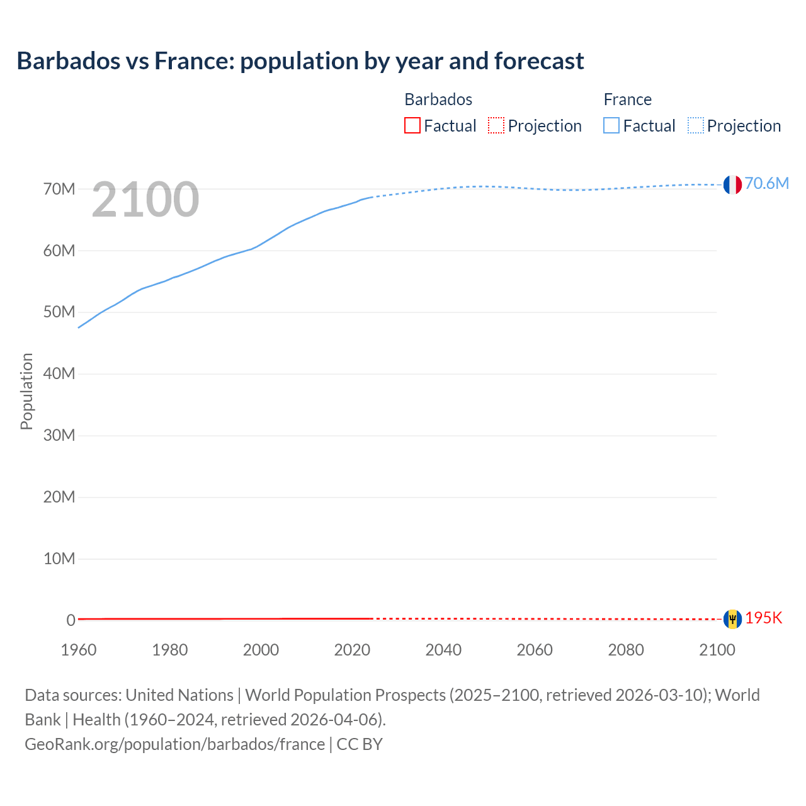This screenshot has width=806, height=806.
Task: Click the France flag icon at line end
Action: click(732, 184)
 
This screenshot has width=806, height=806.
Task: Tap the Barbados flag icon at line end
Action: click(732, 619)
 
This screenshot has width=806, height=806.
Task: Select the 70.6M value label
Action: click(766, 183)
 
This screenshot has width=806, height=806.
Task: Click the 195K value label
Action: click(763, 618)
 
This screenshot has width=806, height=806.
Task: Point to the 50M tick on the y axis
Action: click(59, 312)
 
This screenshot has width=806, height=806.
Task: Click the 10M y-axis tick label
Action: click(59, 559)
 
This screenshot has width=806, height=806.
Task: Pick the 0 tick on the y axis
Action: click(71, 620)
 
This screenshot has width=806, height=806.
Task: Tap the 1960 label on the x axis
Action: click(79, 650)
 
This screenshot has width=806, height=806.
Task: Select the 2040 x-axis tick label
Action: click(443, 650)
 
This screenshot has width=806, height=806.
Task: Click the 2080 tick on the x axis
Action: click(626, 650)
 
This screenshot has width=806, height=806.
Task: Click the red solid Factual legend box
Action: click(412, 125)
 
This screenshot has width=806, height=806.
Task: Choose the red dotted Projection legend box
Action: click(496, 125)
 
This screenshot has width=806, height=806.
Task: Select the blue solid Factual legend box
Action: click(611, 125)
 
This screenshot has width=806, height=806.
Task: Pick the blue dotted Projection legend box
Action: click(696, 125)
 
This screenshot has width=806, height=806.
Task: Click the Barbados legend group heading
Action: click(438, 99)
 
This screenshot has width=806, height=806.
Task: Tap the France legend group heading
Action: click(627, 99)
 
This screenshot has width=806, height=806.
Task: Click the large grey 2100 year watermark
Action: click(145, 200)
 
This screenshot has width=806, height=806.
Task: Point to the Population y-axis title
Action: click(26, 391)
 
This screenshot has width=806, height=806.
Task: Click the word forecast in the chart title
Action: click(539, 60)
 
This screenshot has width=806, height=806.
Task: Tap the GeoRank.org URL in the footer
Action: click(174, 744)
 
